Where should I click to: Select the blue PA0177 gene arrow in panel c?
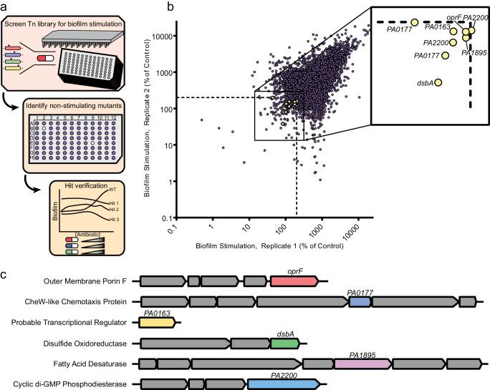(360, 303)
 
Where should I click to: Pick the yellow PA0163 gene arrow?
(158, 323)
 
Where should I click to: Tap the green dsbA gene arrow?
(285, 343)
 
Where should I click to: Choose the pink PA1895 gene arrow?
(362, 364)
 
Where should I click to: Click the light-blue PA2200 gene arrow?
(285, 384)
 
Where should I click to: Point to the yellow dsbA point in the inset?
(438, 82)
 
